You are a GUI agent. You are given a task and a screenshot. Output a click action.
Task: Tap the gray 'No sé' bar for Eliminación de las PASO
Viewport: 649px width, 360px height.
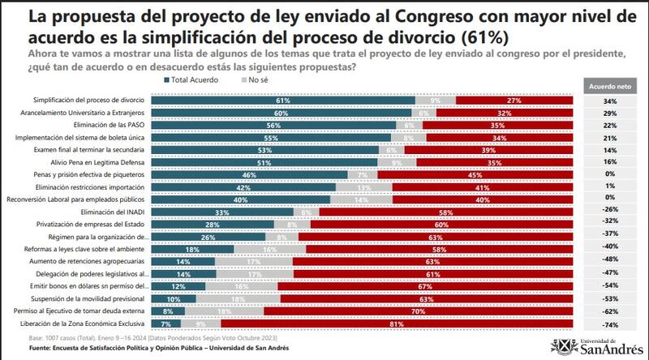410,126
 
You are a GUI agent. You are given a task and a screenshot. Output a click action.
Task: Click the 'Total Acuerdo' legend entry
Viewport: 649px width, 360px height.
196,81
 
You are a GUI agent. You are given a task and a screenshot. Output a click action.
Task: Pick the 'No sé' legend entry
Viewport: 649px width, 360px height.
258,81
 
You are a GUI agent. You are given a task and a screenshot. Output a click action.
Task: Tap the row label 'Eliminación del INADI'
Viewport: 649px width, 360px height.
118,212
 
